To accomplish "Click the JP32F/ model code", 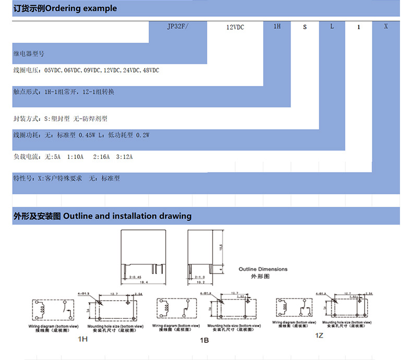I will (x=177, y=26).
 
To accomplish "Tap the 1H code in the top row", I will (x=277, y=26).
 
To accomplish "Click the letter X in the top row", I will (x=386, y=26).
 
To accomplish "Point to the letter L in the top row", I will (x=332, y=26).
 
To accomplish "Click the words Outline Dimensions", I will (x=263, y=269).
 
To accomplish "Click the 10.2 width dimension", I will (x=200, y=282).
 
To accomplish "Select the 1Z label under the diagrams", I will (x=319, y=336).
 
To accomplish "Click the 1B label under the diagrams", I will (x=204, y=340).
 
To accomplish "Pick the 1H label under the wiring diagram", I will (x=82, y=339).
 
